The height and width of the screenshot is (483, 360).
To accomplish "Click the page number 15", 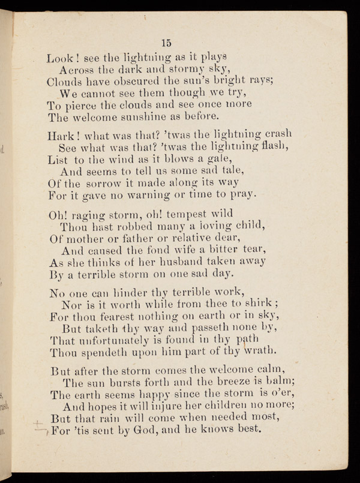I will (x=167, y=42).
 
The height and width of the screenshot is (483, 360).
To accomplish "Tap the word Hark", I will (x=61, y=137).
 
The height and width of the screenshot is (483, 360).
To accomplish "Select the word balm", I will (x=276, y=382).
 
